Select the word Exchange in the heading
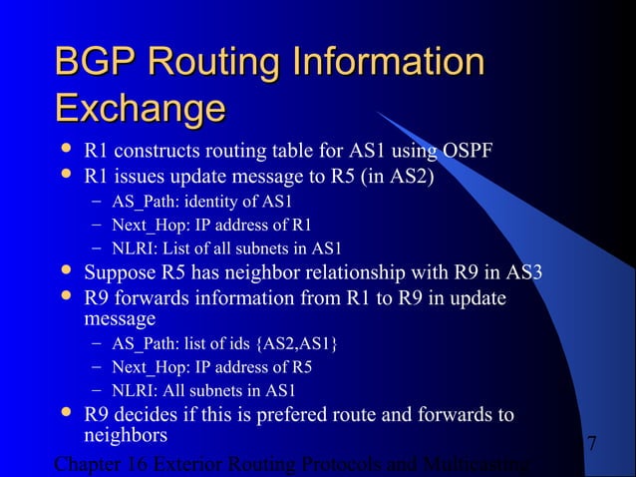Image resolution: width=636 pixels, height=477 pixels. point(140,107)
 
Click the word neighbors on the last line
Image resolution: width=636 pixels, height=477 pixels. point(126,437)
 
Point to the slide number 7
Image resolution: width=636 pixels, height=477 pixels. point(592,442)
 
